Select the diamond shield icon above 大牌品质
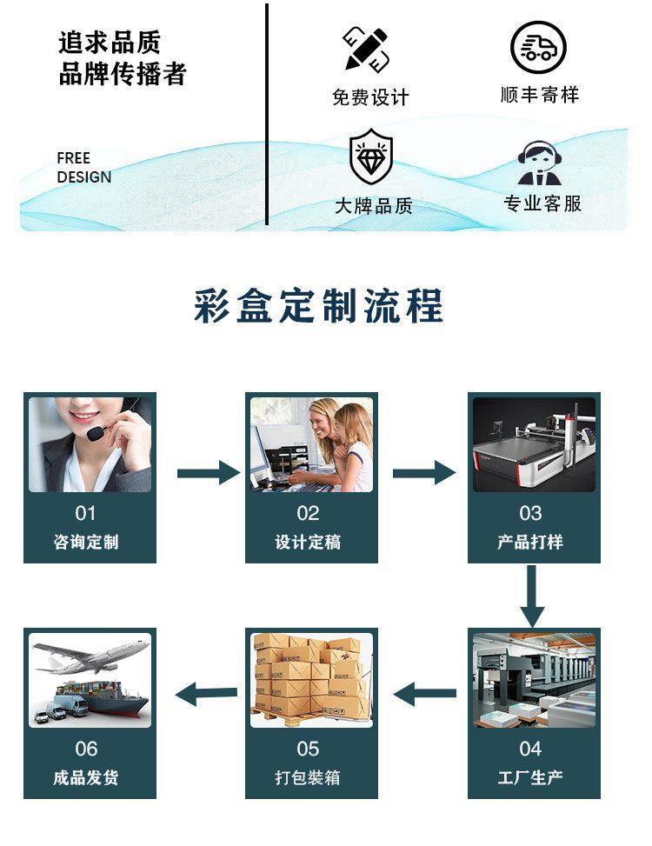click(x=371, y=156)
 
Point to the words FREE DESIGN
click(x=84, y=168)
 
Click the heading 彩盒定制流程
click(x=318, y=306)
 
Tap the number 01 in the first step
click(x=85, y=513)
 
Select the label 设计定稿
click(x=308, y=542)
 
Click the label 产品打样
click(x=530, y=542)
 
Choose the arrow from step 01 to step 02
click(x=208, y=473)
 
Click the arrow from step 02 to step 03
click(x=423, y=473)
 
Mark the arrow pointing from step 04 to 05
click(x=425, y=693)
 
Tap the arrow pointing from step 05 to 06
click(x=207, y=693)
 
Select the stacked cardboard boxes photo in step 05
click(x=311, y=679)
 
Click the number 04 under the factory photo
click(x=530, y=749)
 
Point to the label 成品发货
click(x=85, y=777)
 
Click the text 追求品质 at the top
click(x=110, y=42)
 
